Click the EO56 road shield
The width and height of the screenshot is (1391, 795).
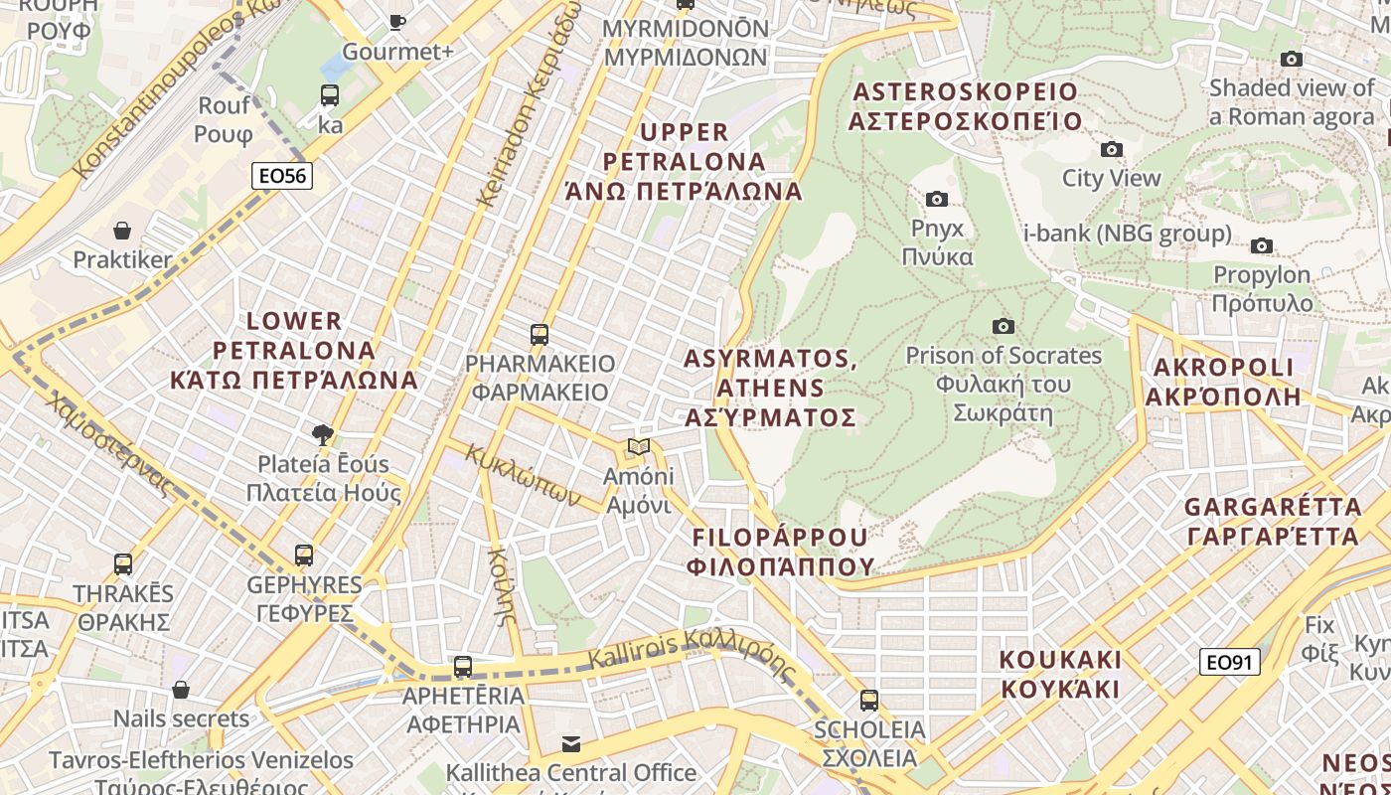click(282, 177)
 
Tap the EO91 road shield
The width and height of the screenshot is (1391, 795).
click(1229, 662)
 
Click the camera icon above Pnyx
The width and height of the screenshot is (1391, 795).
click(936, 199)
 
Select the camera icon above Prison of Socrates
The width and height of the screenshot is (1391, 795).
click(1004, 326)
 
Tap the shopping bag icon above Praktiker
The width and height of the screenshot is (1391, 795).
click(122, 232)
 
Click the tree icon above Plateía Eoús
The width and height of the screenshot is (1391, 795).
click(322, 434)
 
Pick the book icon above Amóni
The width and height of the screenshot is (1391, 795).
click(639, 447)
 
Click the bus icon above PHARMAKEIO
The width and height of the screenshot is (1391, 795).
click(540, 334)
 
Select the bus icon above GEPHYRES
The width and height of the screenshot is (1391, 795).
click(304, 555)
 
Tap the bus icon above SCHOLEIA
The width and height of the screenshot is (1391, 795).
click(869, 700)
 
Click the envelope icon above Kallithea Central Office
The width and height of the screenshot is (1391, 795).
click(571, 743)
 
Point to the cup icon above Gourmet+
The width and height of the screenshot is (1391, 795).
click(397, 22)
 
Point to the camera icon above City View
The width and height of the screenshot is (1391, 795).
click(1111, 150)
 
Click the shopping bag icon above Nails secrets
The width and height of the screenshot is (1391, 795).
click(181, 690)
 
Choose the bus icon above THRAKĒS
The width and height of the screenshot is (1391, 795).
click(123, 564)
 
